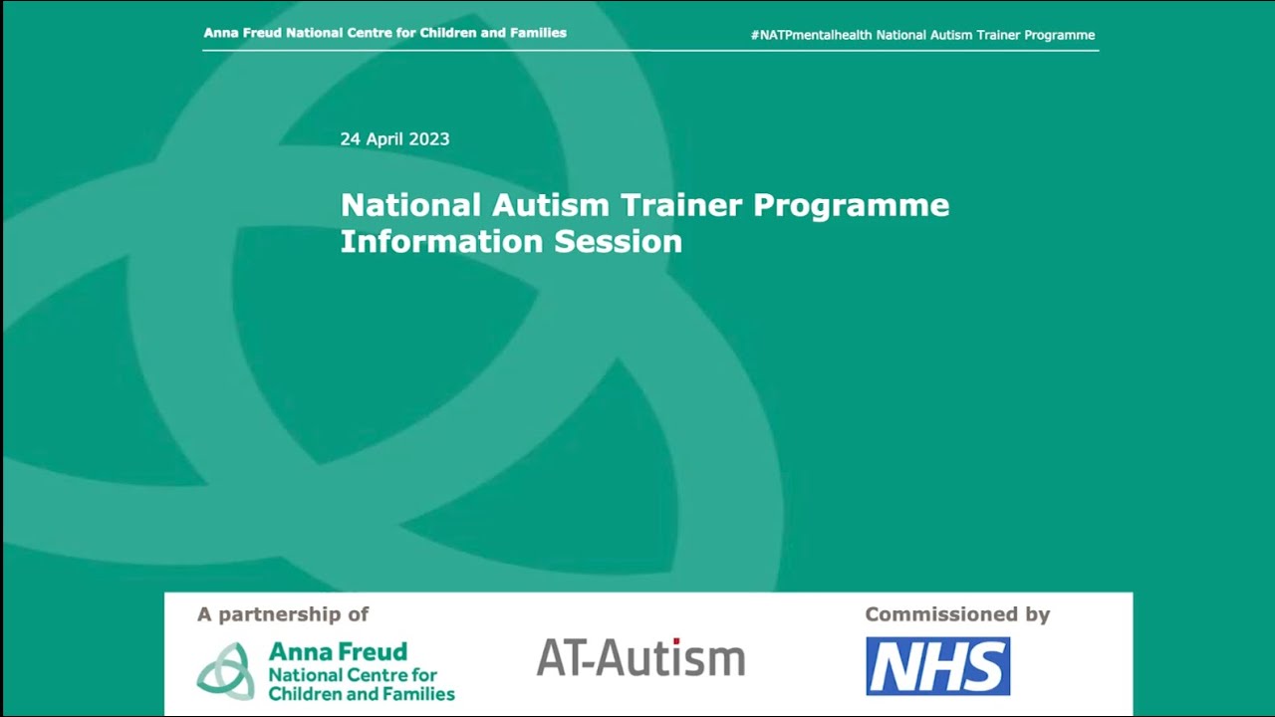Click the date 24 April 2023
[x=394, y=139]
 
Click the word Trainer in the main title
[x=681, y=205]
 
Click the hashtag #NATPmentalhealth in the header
[x=811, y=35]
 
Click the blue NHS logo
[x=937, y=666]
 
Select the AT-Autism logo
[x=640, y=658]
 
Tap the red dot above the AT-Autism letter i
[x=676, y=641]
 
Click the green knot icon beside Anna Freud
[x=225, y=670]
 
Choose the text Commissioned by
[x=957, y=614]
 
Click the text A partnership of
[x=283, y=614]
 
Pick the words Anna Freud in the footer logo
[x=338, y=652]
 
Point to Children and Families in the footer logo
[x=362, y=694]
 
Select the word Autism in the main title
[x=550, y=205]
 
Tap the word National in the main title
[x=410, y=205]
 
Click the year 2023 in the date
[x=429, y=139]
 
